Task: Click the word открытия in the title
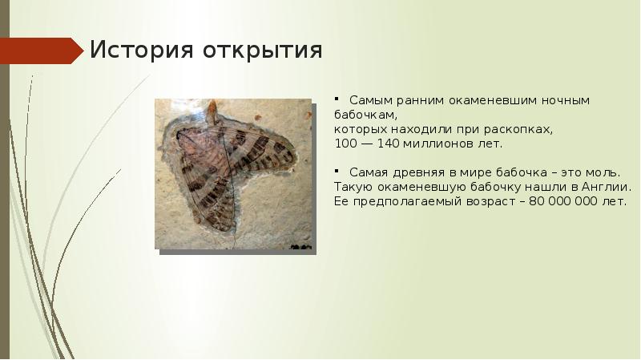point(263,51)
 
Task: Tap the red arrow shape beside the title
point(42,51)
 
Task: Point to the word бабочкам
point(365,115)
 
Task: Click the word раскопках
point(518,130)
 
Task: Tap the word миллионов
point(438,144)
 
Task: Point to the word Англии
point(607,187)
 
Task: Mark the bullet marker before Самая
point(336,170)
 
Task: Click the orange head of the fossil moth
point(212,111)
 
